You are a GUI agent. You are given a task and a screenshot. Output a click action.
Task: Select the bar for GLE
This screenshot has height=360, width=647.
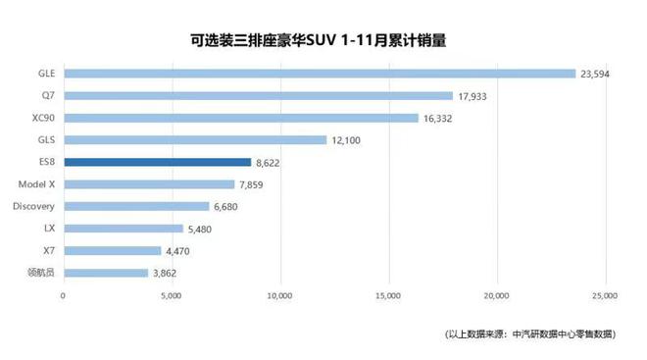(319, 73)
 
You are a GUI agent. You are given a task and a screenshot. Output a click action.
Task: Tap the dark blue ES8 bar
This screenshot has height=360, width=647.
(157, 162)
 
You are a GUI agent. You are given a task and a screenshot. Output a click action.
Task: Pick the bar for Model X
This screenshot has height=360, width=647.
(149, 184)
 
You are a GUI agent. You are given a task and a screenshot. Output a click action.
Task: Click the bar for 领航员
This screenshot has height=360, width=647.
(105, 273)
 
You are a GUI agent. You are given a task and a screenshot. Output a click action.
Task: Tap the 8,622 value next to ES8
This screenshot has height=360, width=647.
(271, 162)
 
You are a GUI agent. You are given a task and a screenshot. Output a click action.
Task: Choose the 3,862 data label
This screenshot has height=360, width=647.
(168, 273)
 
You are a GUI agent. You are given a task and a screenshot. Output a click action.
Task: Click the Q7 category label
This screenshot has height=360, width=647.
(46, 95)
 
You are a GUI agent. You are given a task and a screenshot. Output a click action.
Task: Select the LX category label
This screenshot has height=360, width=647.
(48, 229)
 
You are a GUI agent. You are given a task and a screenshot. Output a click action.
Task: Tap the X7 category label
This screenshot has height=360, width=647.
(47, 251)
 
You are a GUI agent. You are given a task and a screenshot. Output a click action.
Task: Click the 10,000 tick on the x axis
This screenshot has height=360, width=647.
(280, 294)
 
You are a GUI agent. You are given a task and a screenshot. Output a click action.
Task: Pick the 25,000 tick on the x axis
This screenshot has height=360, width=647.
(605, 294)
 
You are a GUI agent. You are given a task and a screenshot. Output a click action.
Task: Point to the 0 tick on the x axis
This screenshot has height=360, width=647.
(63, 294)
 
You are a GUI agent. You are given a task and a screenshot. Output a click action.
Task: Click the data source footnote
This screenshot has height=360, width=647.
(528, 334)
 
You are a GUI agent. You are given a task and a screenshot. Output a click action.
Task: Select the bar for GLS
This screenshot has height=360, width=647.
(194, 139)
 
